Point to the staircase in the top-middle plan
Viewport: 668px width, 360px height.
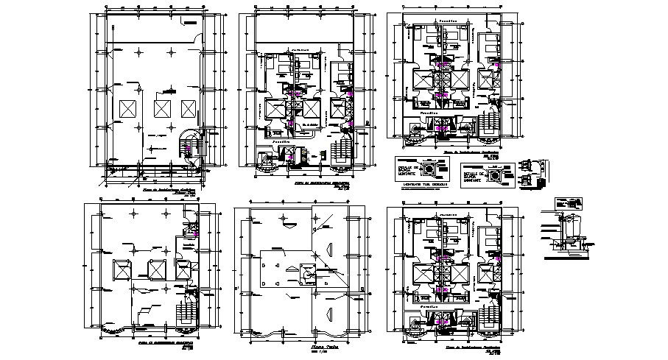[x=341, y=150]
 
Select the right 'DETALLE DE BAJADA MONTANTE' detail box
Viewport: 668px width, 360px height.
[x=488, y=176]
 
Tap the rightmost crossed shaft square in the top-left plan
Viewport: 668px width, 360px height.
[x=189, y=107]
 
